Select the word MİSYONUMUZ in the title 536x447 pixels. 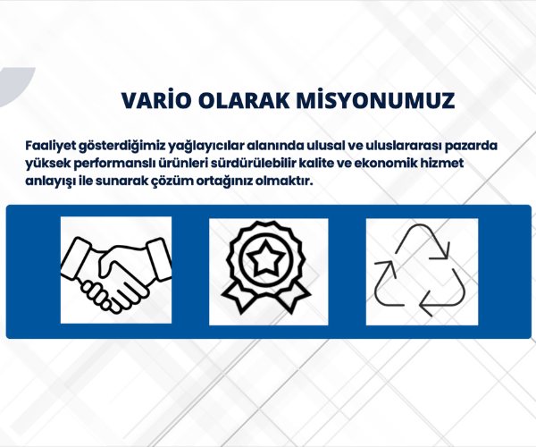pos(375,100)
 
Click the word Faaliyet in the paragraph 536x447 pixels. pos(51,146)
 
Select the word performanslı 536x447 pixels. pos(114,163)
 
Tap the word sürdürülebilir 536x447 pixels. pos(254,163)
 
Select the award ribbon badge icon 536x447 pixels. pos(266,267)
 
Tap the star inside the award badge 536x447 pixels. pos(266,257)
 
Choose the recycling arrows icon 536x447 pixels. pos(421,270)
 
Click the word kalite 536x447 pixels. pos(316,163)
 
